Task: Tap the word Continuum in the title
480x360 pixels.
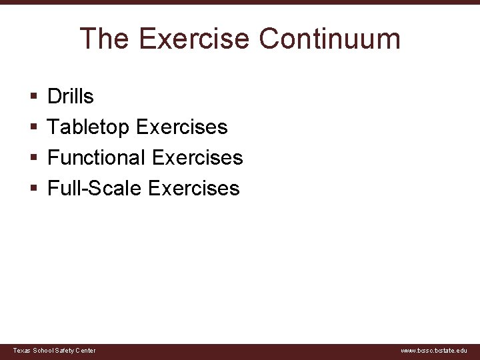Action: coord(329,39)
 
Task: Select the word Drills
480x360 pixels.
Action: coord(71,97)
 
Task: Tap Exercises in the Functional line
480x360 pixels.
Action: coord(197,158)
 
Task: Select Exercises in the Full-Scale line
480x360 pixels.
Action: coord(193,189)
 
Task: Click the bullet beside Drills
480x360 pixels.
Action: coord(33,97)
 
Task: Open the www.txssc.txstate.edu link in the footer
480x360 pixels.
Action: coord(434,351)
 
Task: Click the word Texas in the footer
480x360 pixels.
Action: coord(21,351)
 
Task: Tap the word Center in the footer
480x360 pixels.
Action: coord(85,351)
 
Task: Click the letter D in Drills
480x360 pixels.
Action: coord(53,97)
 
